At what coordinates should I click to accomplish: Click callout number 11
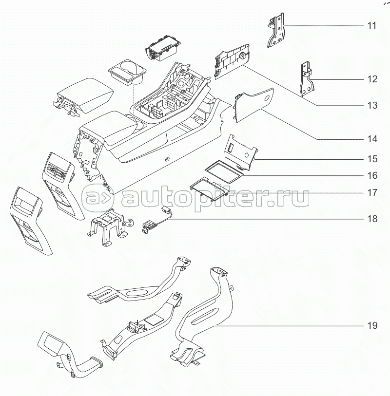click(x=372, y=25)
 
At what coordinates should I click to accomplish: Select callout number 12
click(x=372, y=79)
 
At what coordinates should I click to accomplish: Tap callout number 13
click(x=372, y=105)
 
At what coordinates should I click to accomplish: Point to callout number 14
click(x=372, y=139)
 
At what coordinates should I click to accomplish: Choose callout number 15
click(x=372, y=159)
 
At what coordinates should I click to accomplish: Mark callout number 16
click(x=372, y=174)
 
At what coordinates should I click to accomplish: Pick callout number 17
click(x=372, y=193)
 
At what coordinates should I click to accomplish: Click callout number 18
click(x=372, y=219)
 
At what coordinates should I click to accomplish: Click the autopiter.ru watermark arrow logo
click(x=97, y=197)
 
